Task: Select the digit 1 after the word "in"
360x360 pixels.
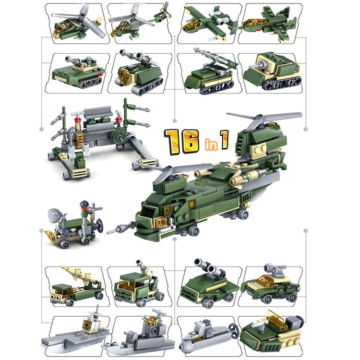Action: point(224,138)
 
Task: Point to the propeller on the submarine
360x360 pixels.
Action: point(233,331)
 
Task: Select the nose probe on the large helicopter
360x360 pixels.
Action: point(118,229)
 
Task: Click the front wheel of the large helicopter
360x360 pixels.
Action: point(193,231)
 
